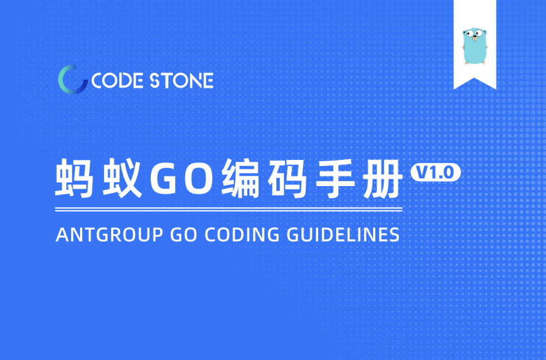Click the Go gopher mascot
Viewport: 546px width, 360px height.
coord(475,46)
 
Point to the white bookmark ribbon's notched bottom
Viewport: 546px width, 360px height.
coord(475,82)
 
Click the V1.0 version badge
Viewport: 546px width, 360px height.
coord(435,173)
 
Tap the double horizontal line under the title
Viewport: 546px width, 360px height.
coord(229,210)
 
